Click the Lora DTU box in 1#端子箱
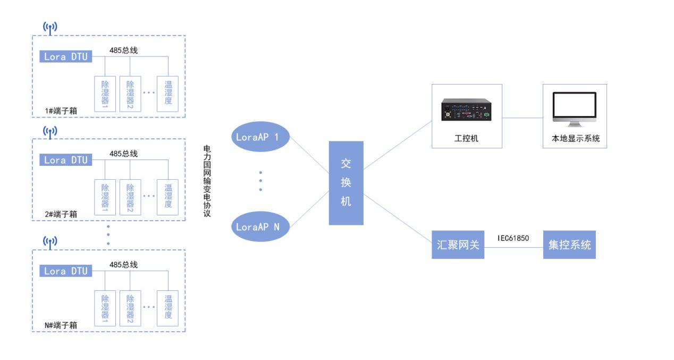(65, 56)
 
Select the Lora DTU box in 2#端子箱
(65, 160)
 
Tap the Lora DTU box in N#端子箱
(65, 271)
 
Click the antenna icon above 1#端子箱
(50, 27)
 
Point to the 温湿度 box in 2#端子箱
(168, 196)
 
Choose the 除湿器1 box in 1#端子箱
(105, 93)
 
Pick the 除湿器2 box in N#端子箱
(130, 307)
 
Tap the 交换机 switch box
(346, 183)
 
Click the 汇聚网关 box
(458, 245)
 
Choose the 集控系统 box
(569, 245)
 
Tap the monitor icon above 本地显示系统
(574, 109)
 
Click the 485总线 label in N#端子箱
(123, 264)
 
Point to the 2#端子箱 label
(61, 214)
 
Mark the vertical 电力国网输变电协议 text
(207, 181)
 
